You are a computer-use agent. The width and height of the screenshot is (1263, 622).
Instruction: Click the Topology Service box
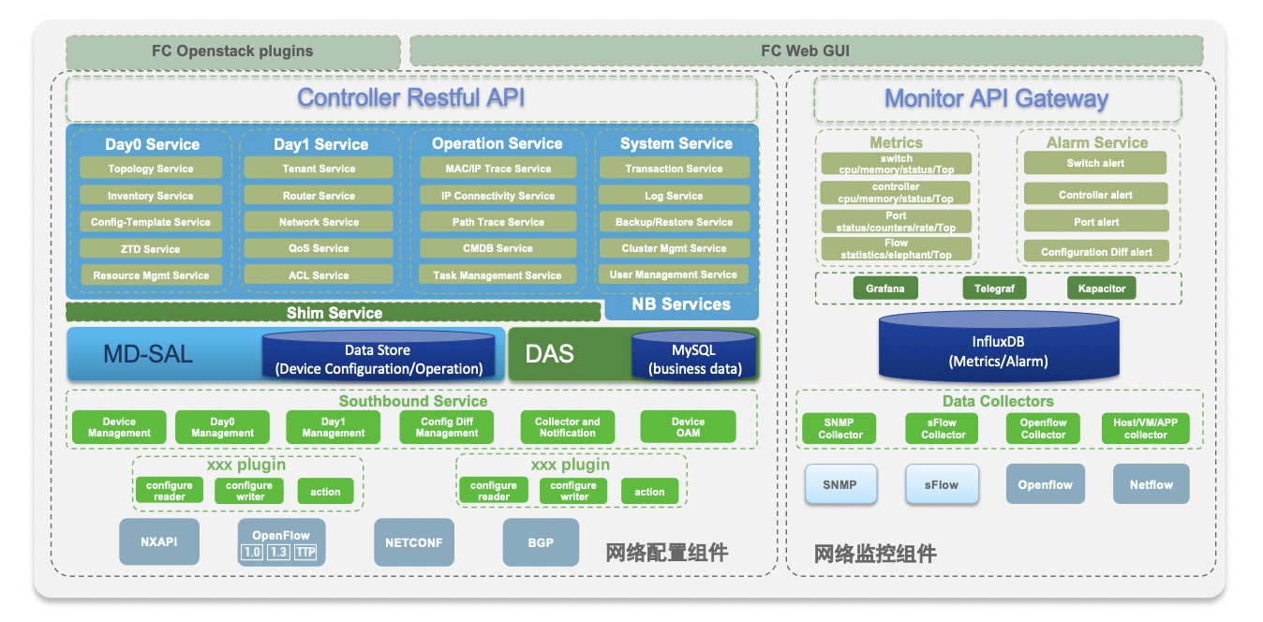pyautogui.click(x=151, y=168)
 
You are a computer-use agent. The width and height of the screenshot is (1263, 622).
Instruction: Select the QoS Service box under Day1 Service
pyautogui.click(x=319, y=248)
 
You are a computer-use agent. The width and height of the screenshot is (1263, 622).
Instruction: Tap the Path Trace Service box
pyautogui.click(x=498, y=222)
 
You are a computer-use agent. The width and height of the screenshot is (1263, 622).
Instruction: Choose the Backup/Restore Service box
pyautogui.click(x=674, y=222)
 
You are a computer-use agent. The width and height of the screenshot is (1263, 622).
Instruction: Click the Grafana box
pyautogui.click(x=885, y=289)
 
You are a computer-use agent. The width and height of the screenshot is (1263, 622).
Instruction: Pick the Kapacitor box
pyautogui.click(x=1101, y=289)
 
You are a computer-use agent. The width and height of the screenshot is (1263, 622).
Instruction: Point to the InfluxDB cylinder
pyautogui.click(x=999, y=346)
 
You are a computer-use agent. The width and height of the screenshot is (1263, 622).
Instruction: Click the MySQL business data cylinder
pyautogui.click(x=694, y=355)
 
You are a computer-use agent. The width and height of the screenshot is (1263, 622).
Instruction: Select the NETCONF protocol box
pyautogui.click(x=414, y=542)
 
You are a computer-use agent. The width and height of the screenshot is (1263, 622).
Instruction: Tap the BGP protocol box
pyautogui.click(x=541, y=542)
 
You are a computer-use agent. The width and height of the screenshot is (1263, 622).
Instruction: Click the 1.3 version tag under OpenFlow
pyautogui.click(x=278, y=552)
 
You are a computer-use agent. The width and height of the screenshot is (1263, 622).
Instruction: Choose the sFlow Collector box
pyautogui.click(x=943, y=429)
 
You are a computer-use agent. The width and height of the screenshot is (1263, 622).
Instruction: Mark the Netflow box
pyautogui.click(x=1151, y=484)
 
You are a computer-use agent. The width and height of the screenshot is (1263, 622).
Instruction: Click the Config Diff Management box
pyautogui.click(x=447, y=427)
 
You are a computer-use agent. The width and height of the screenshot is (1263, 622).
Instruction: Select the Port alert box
pyautogui.click(x=1096, y=222)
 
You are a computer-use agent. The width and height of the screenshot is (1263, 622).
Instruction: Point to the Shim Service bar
pyautogui.click(x=334, y=313)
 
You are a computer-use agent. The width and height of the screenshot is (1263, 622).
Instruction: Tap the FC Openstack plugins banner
pyautogui.click(x=233, y=52)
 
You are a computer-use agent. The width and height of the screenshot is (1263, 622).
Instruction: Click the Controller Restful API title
pyautogui.click(x=411, y=97)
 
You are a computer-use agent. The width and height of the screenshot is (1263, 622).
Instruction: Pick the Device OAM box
pyautogui.click(x=688, y=427)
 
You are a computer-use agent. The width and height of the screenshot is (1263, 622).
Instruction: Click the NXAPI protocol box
pyautogui.click(x=159, y=541)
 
